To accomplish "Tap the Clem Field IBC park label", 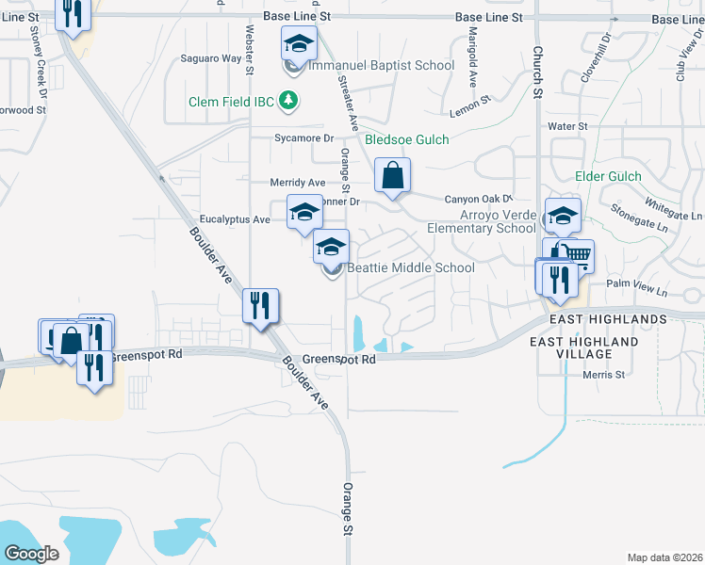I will (231, 100).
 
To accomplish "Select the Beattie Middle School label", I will (411, 267).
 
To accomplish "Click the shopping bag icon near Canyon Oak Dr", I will (392, 175).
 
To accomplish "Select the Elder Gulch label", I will (608, 176).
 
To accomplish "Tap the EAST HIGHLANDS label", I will (598, 319).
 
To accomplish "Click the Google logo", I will (31, 554).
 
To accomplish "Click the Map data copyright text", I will (664, 557).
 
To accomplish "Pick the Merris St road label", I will (604, 375).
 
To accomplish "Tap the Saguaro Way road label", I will (211, 58).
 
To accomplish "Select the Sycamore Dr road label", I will (304, 137).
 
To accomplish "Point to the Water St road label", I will (567, 125).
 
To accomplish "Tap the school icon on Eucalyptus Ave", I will (304, 214).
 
